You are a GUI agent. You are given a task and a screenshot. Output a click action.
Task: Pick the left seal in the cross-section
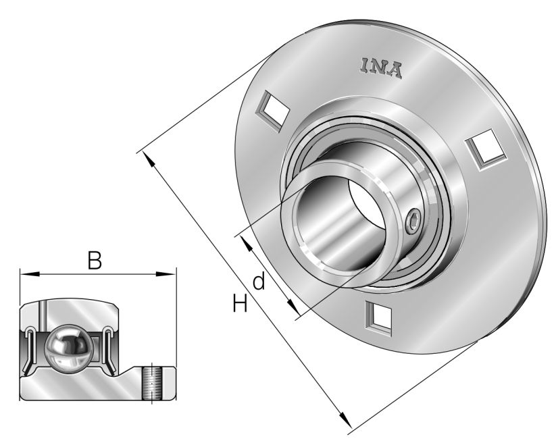click(x=31, y=348)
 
